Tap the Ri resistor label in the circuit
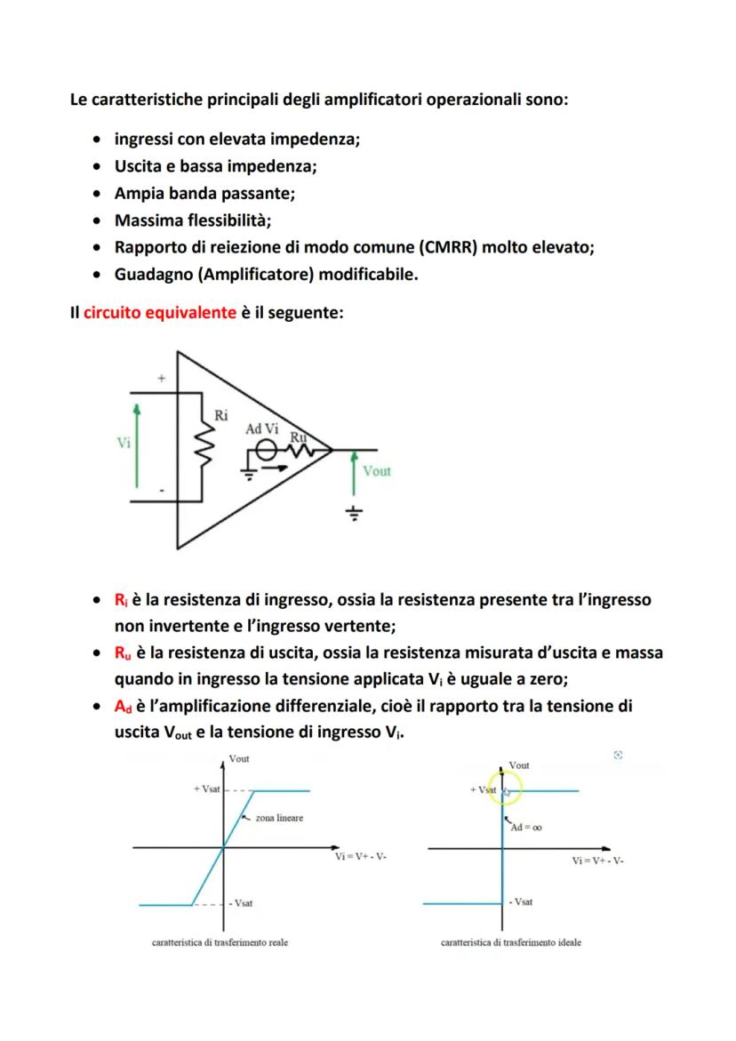(x=220, y=414)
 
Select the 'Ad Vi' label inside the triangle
(x=262, y=428)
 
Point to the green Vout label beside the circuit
(x=376, y=471)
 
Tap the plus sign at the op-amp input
(x=161, y=379)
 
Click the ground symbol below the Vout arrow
(x=355, y=514)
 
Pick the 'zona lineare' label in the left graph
(x=278, y=818)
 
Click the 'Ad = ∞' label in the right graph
(x=526, y=827)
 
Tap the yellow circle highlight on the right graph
(x=508, y=789)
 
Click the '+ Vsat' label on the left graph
(x=207, y=790)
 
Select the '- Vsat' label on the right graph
(x=520, y=901)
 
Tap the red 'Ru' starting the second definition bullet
(x=123, y=653)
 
